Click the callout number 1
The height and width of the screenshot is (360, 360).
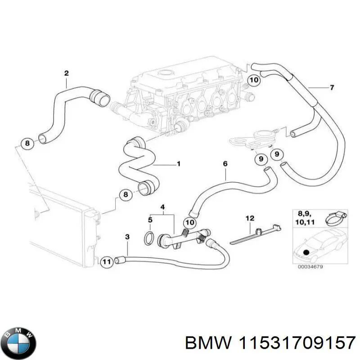click(x=178, y=164)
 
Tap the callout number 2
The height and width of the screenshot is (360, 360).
click(x=66, y=73)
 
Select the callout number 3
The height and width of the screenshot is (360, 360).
click(x=127, y=236)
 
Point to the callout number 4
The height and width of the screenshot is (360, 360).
click(x=163, y=207)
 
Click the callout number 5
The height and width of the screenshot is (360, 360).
click(x=151, y=220)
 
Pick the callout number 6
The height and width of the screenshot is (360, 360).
click(x=225, y=165)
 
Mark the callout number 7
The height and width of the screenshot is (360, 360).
click(x=332, y=87)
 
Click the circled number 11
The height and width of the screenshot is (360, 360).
click(x=106, y=261)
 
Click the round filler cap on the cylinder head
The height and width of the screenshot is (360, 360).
click(x=165, y=73)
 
